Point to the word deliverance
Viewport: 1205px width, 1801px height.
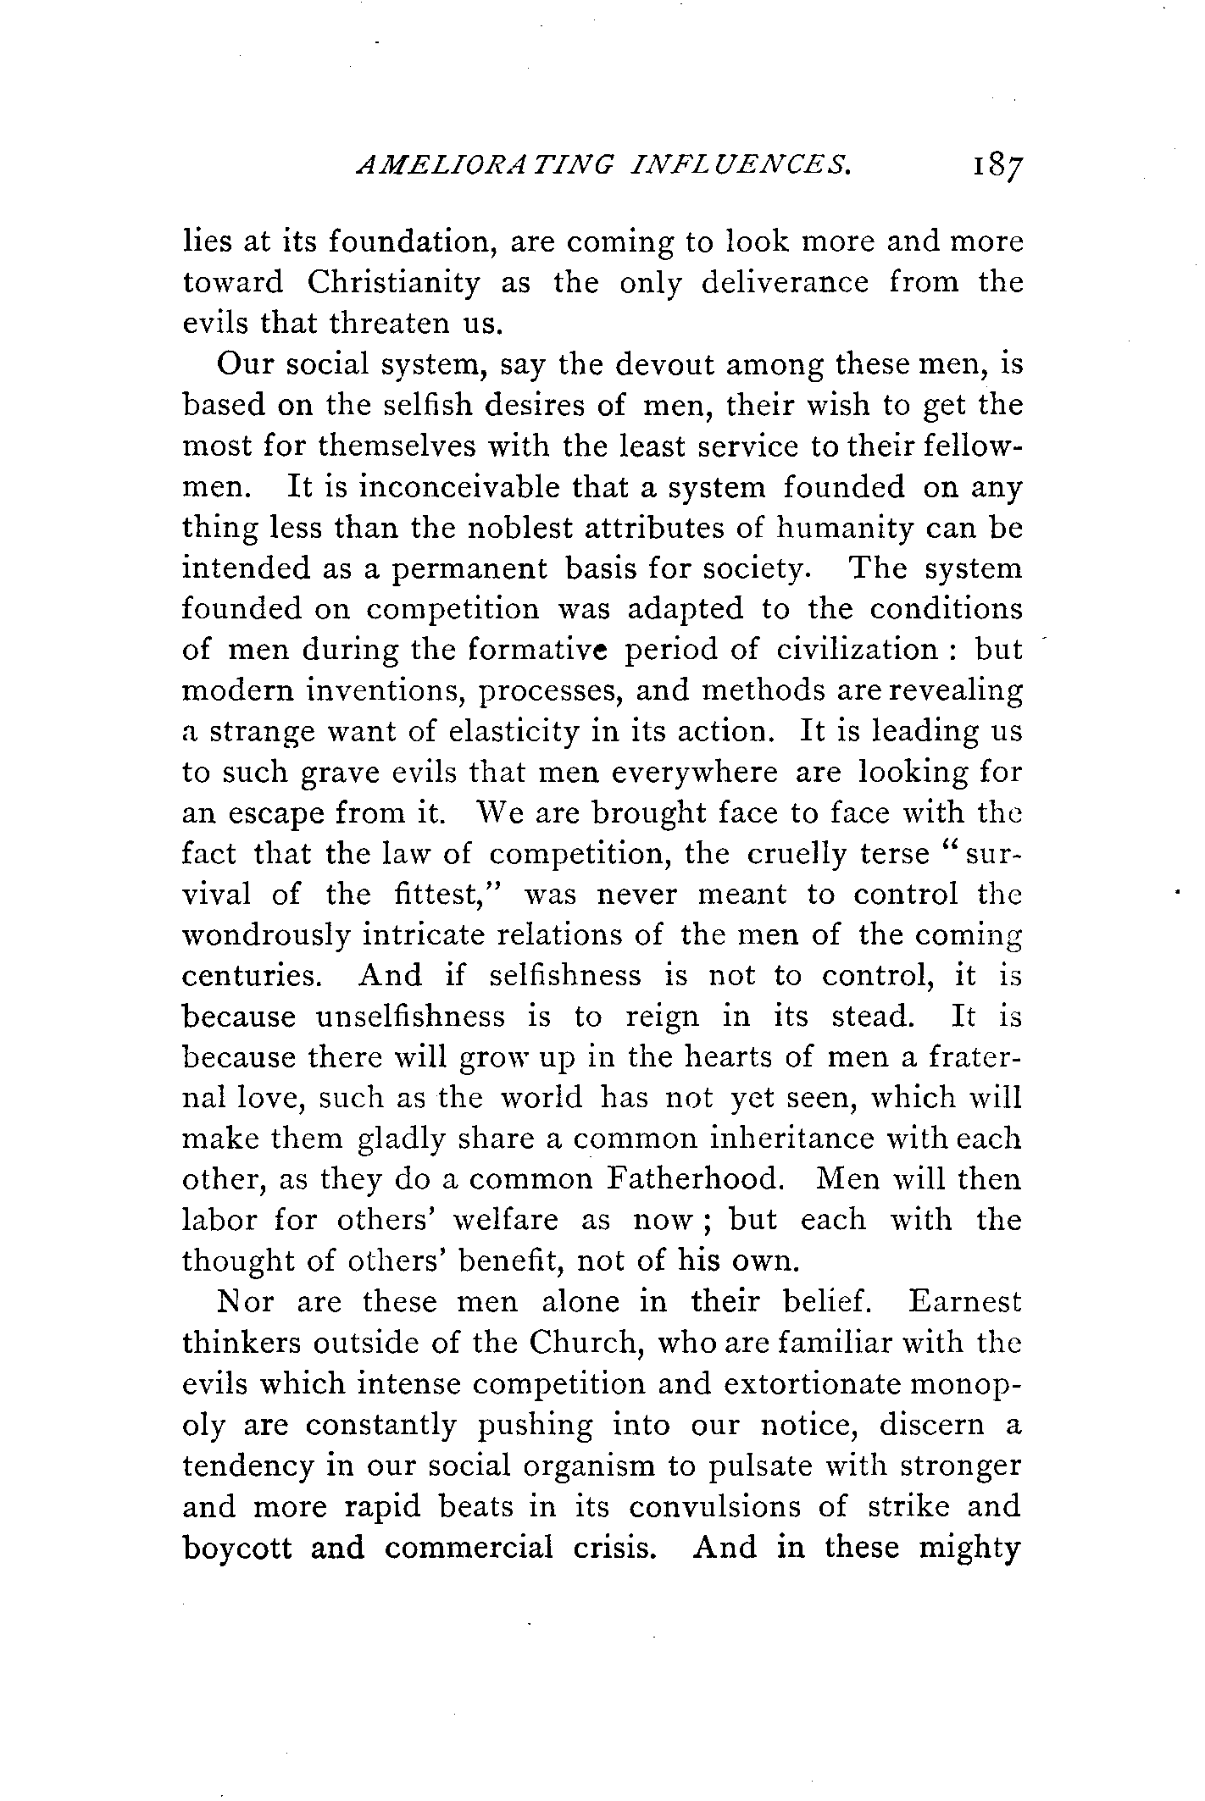tap(785, 282)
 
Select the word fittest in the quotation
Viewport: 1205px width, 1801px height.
tap(447, 895)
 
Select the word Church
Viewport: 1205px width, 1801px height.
tap(584, 1343)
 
